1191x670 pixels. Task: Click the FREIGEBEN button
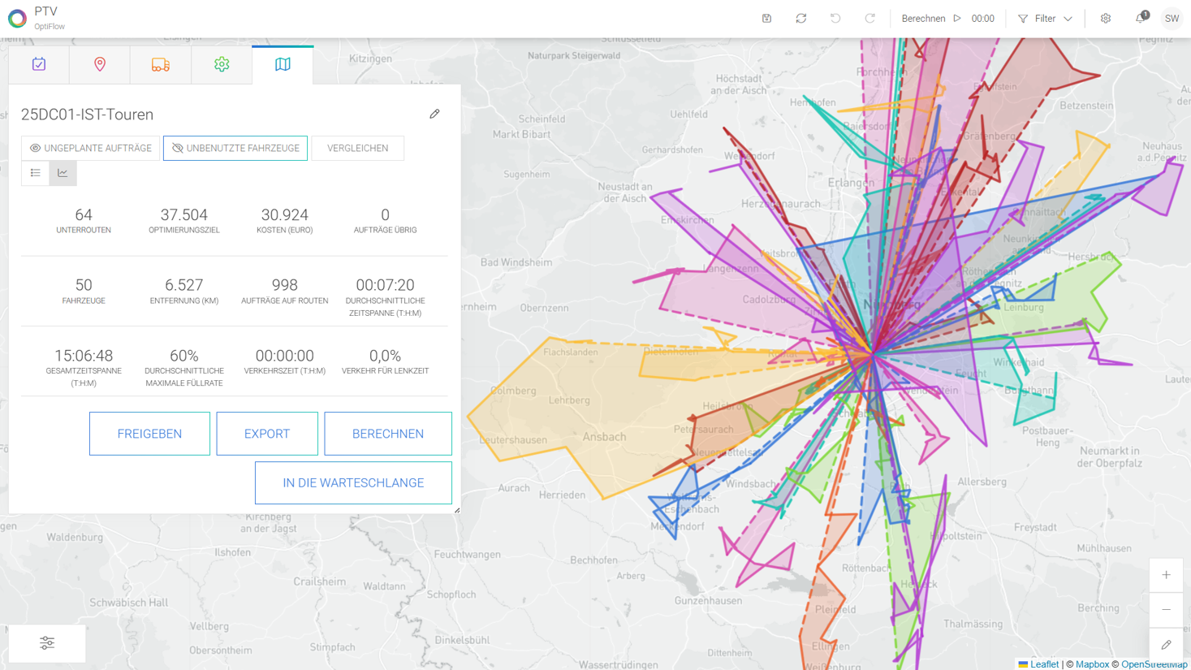pyautogui.click(x=149, y=434)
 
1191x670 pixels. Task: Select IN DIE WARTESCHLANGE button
pyautogui.click(x=353, y=482)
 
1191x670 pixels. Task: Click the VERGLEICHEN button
pyautogui.click(x=357, y=149)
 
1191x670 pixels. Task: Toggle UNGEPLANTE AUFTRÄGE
pyautogui.click(x=91, y=149)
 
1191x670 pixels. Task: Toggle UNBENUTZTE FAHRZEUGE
pyautogui.click(x=235, y=149)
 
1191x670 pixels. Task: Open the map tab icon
pyautogui.click(x=283, y=64)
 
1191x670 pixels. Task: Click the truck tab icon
pyautogui.click(x=160, y=64)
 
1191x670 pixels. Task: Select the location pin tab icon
pyautogui.click(x=100, y=64)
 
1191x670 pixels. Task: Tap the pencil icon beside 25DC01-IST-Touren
pyautogui.click(x=434, y=115)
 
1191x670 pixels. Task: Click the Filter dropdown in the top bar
pyautogui.click(x=1046, y=19)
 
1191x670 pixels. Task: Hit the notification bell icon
pyautogui.click(x=1141, y=18)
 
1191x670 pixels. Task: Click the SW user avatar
pyautogui.click(x=1172, y=19)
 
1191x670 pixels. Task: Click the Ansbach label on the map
pyautogui.click(x=604, y=437)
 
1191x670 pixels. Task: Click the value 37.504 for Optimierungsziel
pyautogui.click(x=183, y=215)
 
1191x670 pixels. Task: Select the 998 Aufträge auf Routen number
pyautogui.click(x=284, y=285)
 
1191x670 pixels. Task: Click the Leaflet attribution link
pyautogui.click(x=1044, y=664)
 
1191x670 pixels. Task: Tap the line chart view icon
pyautogui.click(x=63, y=173)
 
